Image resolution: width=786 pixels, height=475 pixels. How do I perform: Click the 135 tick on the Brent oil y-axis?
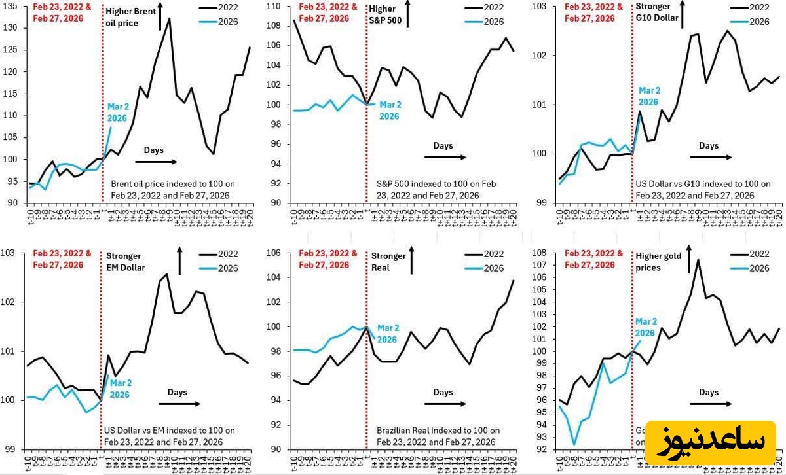pos(12,7)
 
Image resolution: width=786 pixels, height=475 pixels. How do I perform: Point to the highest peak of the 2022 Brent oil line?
pos(170,18)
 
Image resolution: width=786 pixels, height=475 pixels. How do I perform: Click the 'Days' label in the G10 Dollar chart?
pos(708,146)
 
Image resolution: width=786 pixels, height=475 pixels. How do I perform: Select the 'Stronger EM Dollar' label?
pos(125,261)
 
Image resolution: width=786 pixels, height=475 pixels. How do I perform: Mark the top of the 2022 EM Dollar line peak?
pos(167,274)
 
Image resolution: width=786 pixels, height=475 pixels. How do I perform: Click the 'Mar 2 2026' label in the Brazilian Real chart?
pos(388,334)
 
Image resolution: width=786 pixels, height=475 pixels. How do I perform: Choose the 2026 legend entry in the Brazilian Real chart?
pos(493,268)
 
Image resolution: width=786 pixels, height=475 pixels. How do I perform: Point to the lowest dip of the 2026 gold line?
pos(574,445)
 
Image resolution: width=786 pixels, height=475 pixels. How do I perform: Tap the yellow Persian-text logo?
pos(710,442)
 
